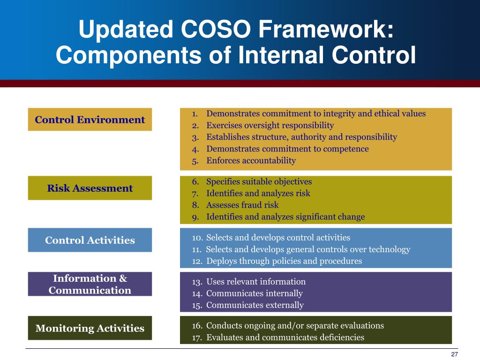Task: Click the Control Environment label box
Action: (90, 120)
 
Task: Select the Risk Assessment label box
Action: (90, 188)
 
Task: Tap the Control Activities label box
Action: (90, 240)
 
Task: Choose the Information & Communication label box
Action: (90, 284)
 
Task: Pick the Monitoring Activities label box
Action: (90, 328)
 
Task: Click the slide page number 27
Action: (454, 354)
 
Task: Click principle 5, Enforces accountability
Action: (251, 160)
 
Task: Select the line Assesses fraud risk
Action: (242, 205)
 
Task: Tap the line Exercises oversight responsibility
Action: (270, 125)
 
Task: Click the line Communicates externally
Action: (255, 305)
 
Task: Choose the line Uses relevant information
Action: (255, 282)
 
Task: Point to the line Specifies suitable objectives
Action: (259, 181)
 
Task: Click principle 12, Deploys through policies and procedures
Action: (284, 261)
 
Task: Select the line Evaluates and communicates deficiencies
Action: (285, 337)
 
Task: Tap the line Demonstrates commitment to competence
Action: (287, 149)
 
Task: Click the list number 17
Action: (197, 337)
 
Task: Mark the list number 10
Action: (197, 238)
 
